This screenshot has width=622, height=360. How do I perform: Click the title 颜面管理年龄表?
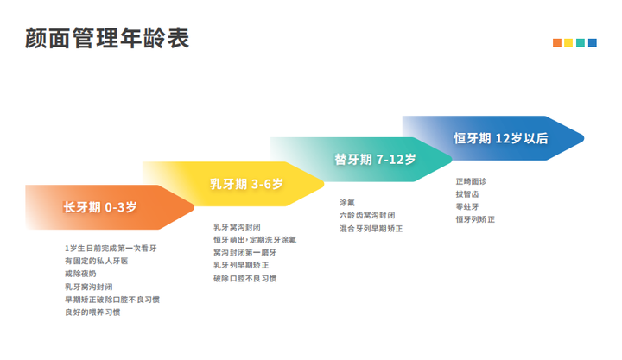pos(107,38)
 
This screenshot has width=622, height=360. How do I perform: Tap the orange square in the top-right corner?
pos(557,43)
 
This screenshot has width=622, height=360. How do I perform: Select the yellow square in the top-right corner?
pos(568,43)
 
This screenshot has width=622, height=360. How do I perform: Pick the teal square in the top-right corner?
pos(581,43)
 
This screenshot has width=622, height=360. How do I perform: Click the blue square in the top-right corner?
pos(593,43)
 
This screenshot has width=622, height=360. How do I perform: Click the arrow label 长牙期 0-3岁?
pos(100,207)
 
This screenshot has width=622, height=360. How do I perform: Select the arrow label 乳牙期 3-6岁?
pos(246,184)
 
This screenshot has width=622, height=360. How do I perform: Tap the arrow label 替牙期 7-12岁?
pos(375,160)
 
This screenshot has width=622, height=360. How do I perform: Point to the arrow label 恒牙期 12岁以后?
pos(501,138)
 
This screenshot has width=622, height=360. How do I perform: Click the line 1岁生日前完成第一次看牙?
pos(111,248)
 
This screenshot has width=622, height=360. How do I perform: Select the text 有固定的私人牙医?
pos(97,261)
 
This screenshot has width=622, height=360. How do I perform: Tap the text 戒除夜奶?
pos(80,274)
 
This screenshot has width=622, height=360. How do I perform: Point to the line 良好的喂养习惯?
pos(92,313)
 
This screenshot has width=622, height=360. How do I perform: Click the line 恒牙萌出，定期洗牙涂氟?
pos(255,240)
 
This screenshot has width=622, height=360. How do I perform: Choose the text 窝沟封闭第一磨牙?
pos(244,253)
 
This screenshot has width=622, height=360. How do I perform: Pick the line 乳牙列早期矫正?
pos(241,265)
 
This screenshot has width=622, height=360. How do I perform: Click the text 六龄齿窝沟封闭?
pos(367,215)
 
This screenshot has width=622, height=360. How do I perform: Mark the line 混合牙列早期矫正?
pos(371,229)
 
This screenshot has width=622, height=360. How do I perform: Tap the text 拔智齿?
pos(467,194)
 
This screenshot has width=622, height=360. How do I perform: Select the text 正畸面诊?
pos(471,181)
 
